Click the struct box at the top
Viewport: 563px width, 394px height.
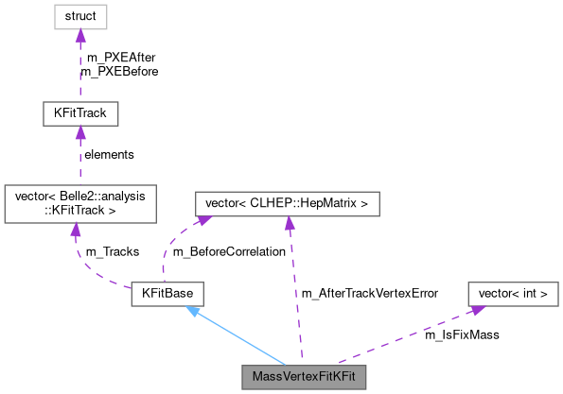point(79,16)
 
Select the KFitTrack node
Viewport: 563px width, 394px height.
point(79,114)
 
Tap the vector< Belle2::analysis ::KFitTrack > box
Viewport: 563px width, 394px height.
point(79,204)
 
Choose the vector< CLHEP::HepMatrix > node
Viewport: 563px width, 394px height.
point(287,203)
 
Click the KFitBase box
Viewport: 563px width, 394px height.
point(167,294)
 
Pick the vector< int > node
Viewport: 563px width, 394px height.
point(513,294)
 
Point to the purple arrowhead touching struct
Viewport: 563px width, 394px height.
point(79,35)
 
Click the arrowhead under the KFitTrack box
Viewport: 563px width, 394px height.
point(79,133)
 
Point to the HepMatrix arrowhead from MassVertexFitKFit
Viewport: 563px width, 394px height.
point(290,224)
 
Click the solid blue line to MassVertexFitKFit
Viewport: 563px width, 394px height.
point(241,340)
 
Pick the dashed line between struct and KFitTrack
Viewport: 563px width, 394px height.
point(79,71)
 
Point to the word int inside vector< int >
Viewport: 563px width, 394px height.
point(525,294)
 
